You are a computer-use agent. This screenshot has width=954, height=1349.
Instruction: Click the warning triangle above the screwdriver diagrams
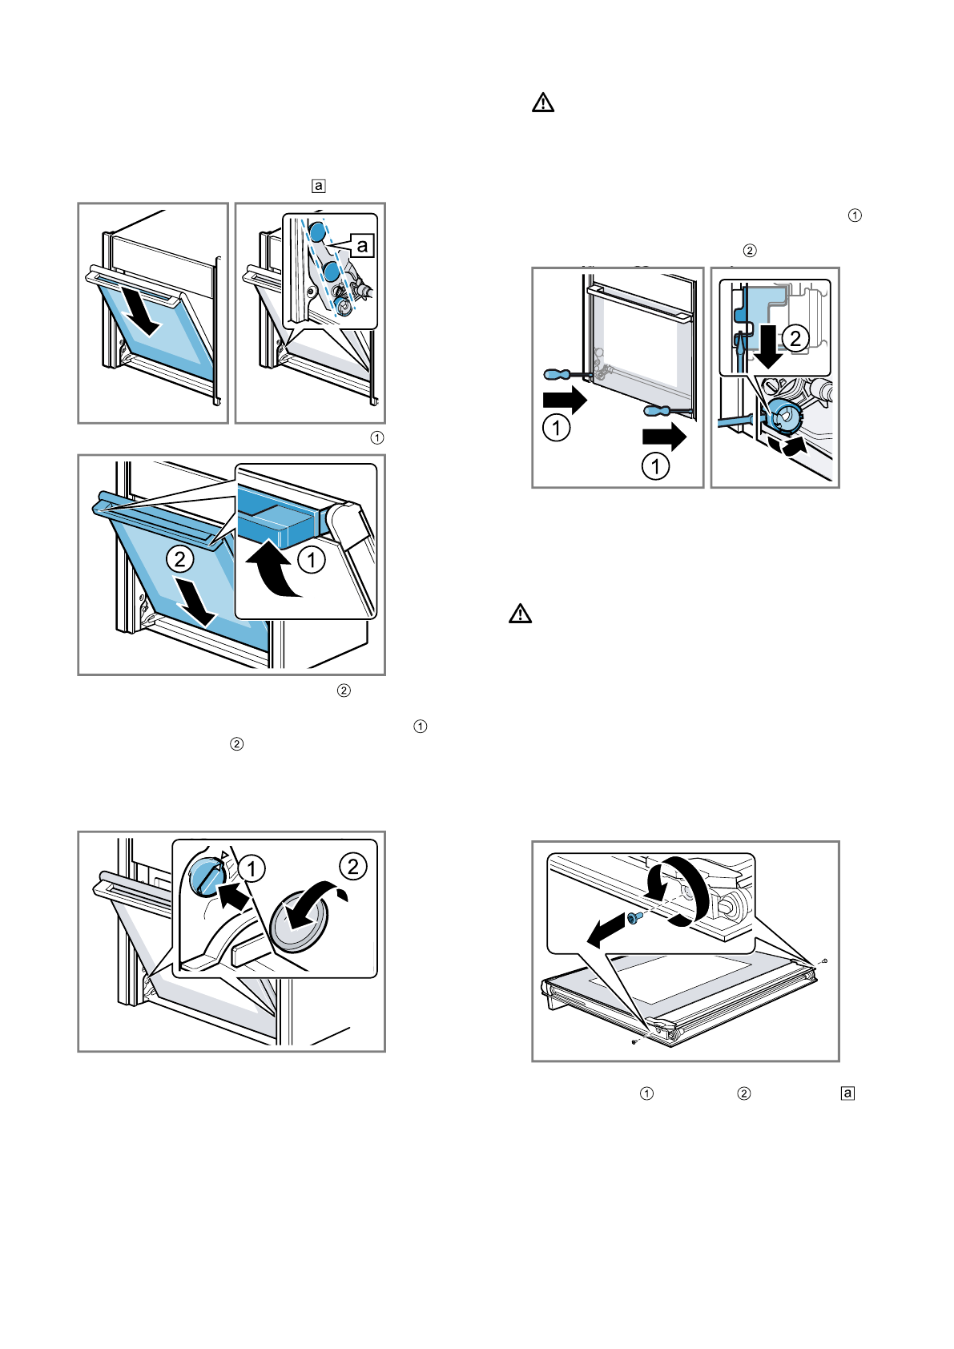click(543, 103)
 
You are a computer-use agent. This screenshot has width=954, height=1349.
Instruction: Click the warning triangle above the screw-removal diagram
click(521, 614)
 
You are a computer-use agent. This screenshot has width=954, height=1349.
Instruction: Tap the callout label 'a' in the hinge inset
click(362, 245)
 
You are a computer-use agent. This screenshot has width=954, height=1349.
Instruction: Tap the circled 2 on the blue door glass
click(180, 558)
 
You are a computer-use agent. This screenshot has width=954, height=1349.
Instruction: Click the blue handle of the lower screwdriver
click(658, 411)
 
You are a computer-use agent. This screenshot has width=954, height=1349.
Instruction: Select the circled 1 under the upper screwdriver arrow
click(557, 427)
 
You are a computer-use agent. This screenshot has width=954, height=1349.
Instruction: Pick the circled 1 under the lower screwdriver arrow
click(656, 465)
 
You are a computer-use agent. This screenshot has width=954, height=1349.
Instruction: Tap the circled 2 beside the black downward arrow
click(795, 338)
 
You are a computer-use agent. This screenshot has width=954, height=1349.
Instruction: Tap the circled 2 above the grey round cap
click(353, 866)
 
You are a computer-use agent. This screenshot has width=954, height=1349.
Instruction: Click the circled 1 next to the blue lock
click(252, 868)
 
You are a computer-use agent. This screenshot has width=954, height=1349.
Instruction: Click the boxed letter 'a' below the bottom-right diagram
click(847, 1093)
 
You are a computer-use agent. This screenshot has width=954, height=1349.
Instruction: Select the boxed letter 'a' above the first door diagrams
click(318, 186)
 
